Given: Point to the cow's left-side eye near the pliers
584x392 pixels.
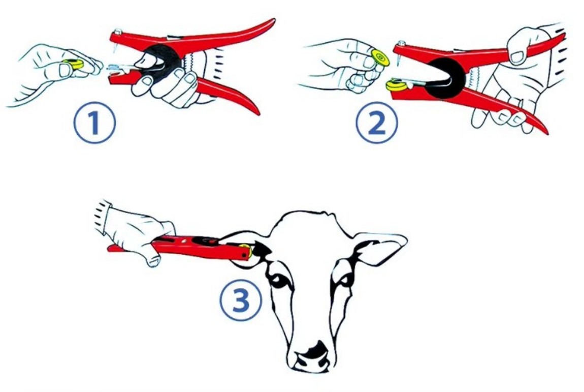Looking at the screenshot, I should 281,279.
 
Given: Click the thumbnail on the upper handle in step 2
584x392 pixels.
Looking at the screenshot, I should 517,56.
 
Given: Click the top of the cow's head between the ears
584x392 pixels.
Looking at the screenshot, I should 310,219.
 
